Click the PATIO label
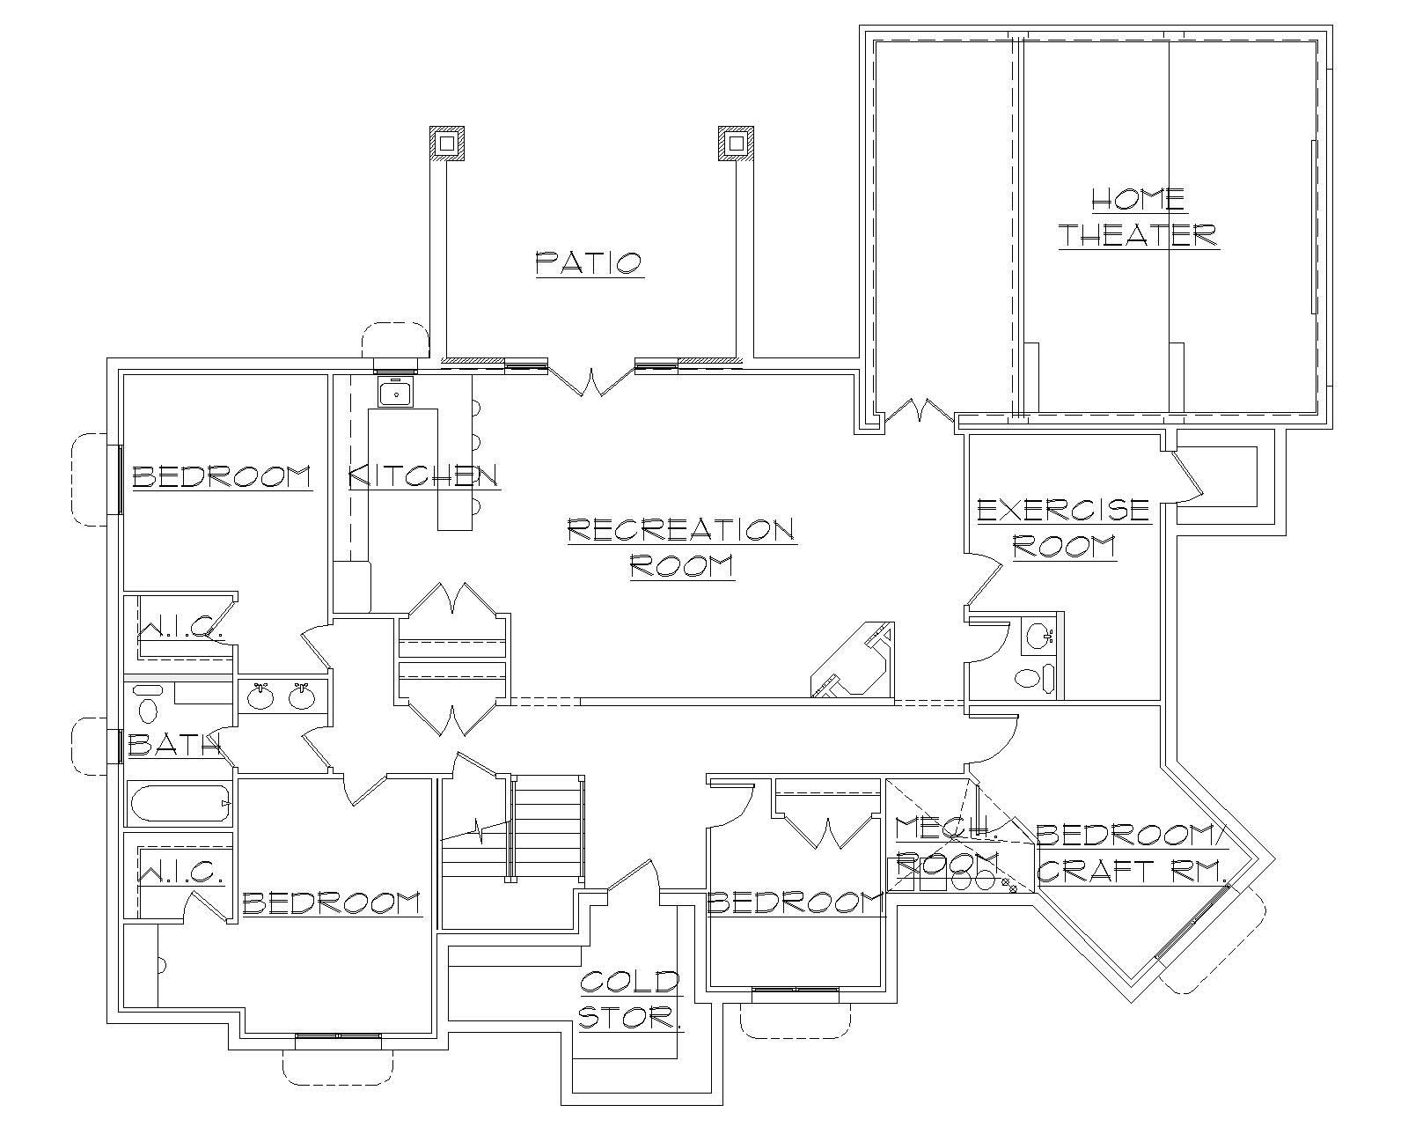(x=590, y=262)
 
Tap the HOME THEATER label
(x=1138, y=217)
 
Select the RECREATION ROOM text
(x=682, y=547)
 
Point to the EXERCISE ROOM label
(x=1064, y=528)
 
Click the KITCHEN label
(x=424, y=476)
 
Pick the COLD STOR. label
(x=630, y=999)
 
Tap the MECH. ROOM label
(x=947, y=843)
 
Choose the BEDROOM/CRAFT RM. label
(x=1133, y=852)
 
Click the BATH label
(x=172, y=746)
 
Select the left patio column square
(x=446, y=143)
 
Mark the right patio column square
(x=737, y=143)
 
